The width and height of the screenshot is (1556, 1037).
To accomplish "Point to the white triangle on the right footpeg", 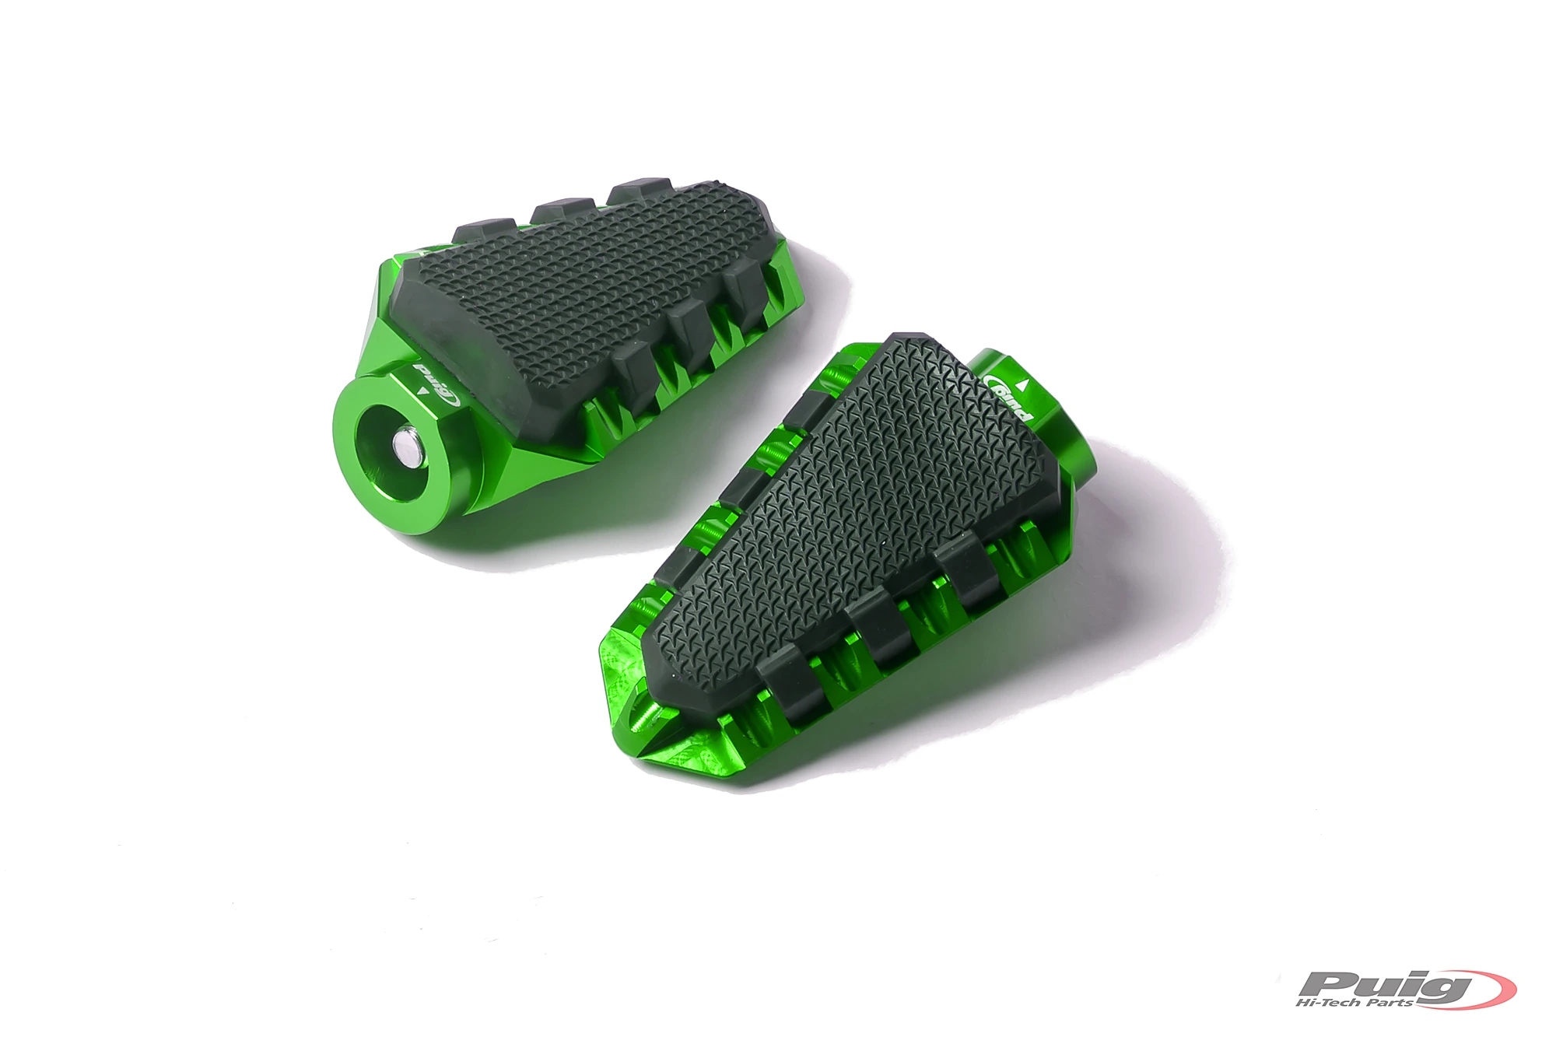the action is click(x=1025, y=384).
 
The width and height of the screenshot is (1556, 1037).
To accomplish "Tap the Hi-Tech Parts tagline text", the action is click(x=1355, y=1003).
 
